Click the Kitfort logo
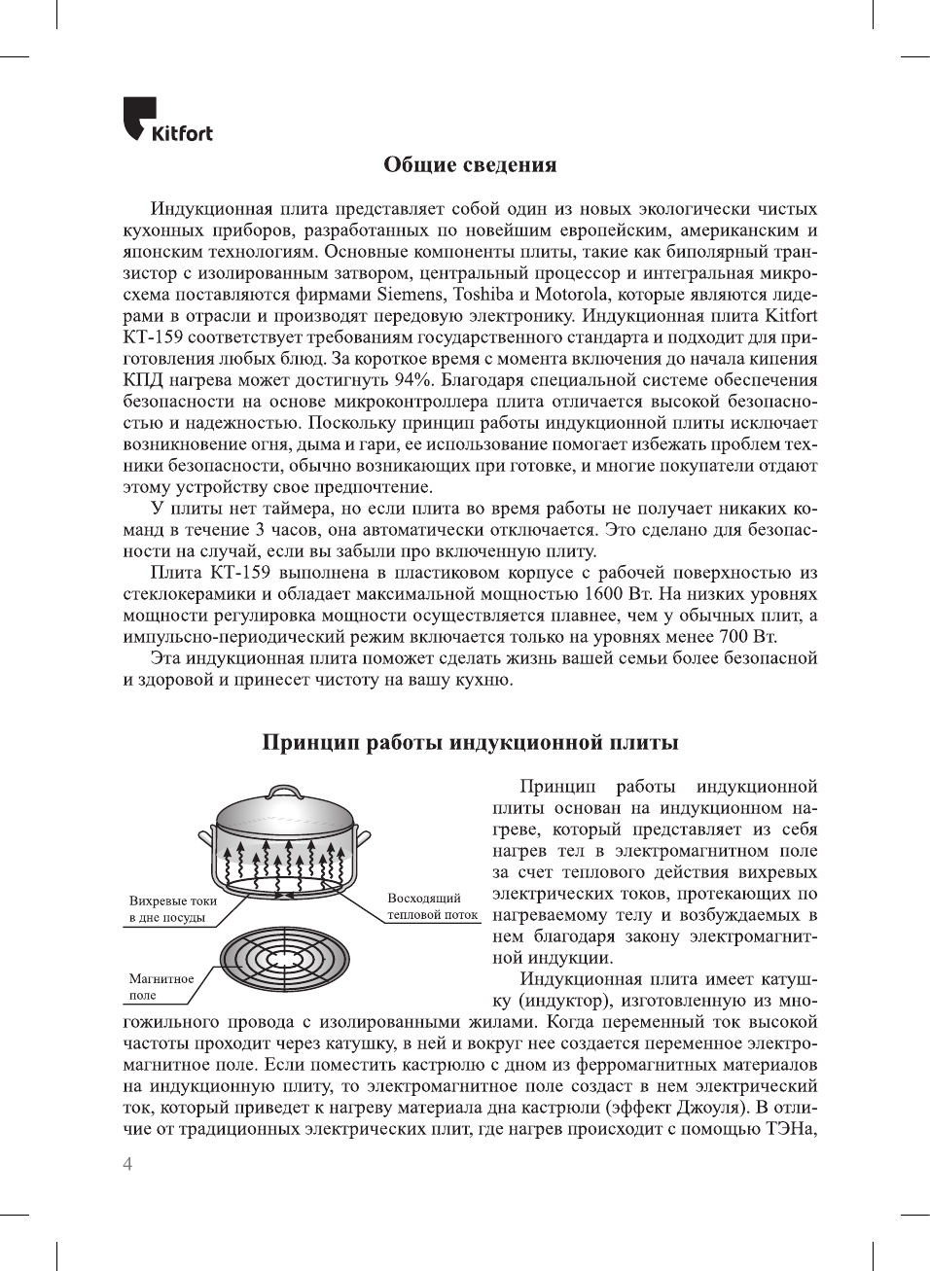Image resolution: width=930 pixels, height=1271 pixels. [167, 120]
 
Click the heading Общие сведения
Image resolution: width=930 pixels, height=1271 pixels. [470, 164]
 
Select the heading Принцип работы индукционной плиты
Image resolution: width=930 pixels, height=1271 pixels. [470, 743]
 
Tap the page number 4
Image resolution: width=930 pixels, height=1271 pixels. [127, 1164]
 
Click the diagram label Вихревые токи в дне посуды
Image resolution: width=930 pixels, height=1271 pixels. [172, 909]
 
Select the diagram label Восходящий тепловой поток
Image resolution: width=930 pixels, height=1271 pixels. [432, 906]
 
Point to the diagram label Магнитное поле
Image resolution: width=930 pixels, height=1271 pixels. [161, 986]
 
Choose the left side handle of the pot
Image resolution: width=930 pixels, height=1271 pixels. [205, 836]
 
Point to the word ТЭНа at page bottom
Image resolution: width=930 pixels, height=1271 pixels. [790, 1129]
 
